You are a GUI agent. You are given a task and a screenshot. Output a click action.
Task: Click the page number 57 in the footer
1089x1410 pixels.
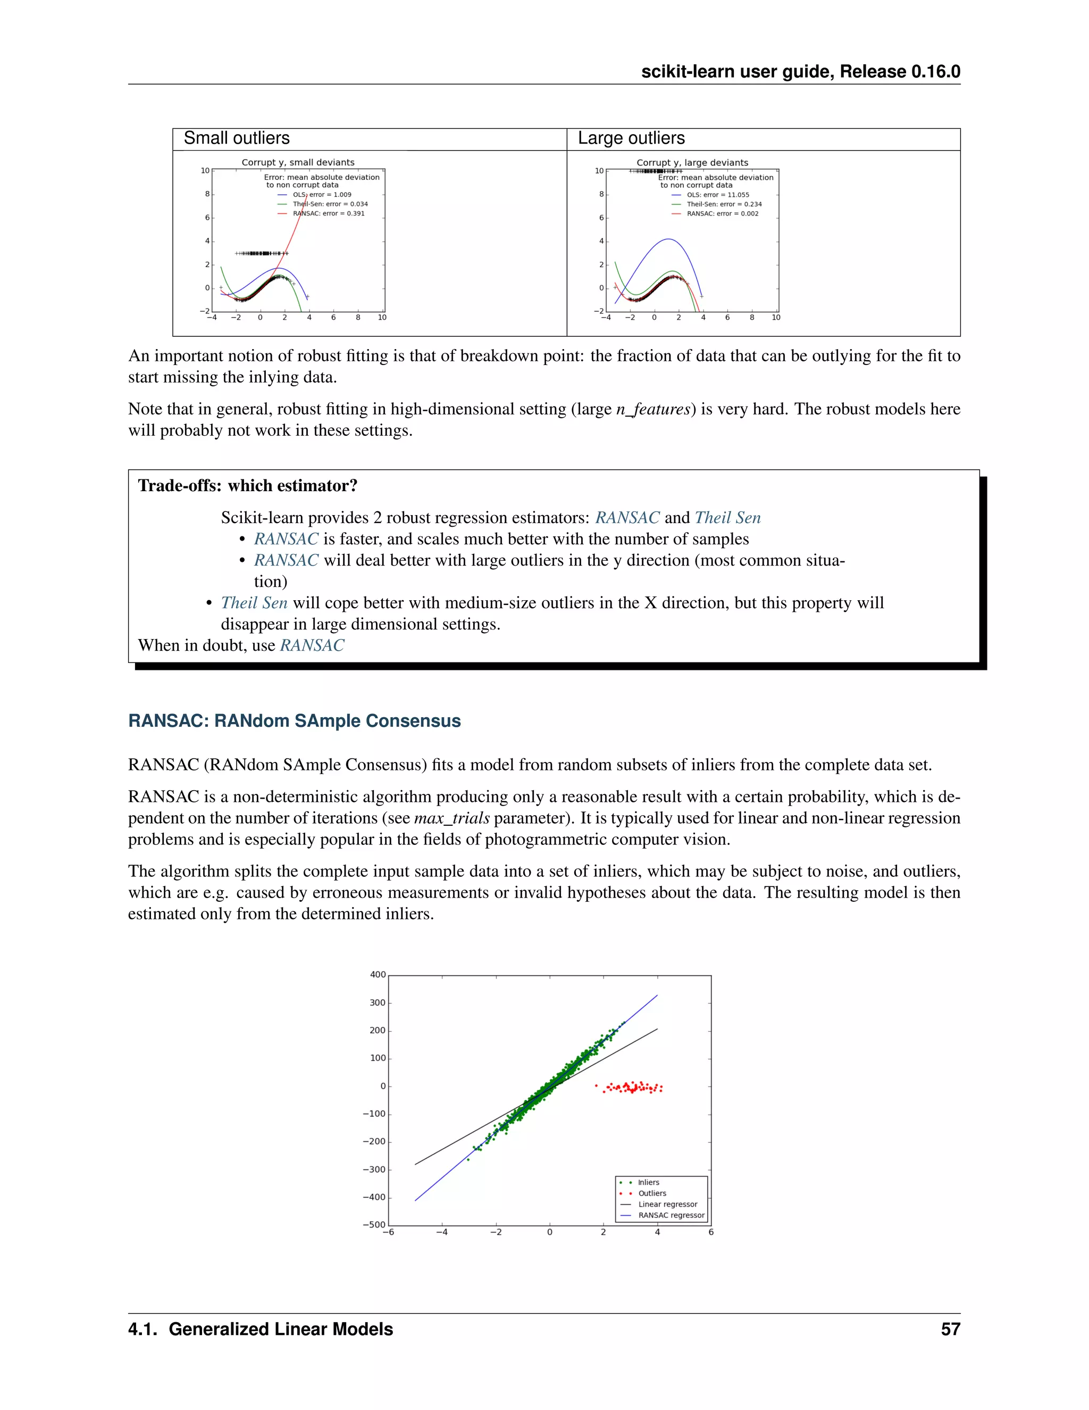coord(950,1329)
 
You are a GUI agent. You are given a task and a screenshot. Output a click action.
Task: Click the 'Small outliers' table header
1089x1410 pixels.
coord(237,138)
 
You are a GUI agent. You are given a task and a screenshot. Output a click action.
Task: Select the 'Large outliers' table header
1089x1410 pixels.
coord(631,138)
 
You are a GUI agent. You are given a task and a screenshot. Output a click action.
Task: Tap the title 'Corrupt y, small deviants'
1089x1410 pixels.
coord(298,162)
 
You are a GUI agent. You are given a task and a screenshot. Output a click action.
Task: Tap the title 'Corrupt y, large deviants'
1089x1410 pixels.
coord(692,163)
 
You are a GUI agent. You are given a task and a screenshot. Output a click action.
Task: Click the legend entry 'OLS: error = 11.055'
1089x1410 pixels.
coord(717,194)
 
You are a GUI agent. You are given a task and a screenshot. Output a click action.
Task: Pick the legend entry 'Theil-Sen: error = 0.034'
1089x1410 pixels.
coord(330,204)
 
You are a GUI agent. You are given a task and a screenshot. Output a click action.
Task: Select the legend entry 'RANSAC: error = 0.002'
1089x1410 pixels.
coord(722,214)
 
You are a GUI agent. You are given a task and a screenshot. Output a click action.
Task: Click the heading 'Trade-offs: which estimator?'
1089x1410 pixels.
coord(248,485)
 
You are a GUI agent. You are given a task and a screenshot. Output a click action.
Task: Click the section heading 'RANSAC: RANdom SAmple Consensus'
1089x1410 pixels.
coord(294,720)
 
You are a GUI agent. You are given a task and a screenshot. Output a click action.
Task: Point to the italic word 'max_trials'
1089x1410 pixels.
coord(451,818)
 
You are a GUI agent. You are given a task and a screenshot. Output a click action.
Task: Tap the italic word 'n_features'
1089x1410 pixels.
coord(653,409)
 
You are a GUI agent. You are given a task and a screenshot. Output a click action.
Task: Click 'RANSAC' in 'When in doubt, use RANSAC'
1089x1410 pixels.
coord(312,645)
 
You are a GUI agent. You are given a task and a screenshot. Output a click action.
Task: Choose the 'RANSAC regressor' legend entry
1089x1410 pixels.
coord(671,1215)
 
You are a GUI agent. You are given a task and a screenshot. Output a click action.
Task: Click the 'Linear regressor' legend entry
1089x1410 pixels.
coord(667,1204)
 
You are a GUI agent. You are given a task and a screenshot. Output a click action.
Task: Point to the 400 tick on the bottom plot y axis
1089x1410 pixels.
coord(378,975)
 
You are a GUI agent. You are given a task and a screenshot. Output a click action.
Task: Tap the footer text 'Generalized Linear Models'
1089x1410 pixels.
coord(281,1329)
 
